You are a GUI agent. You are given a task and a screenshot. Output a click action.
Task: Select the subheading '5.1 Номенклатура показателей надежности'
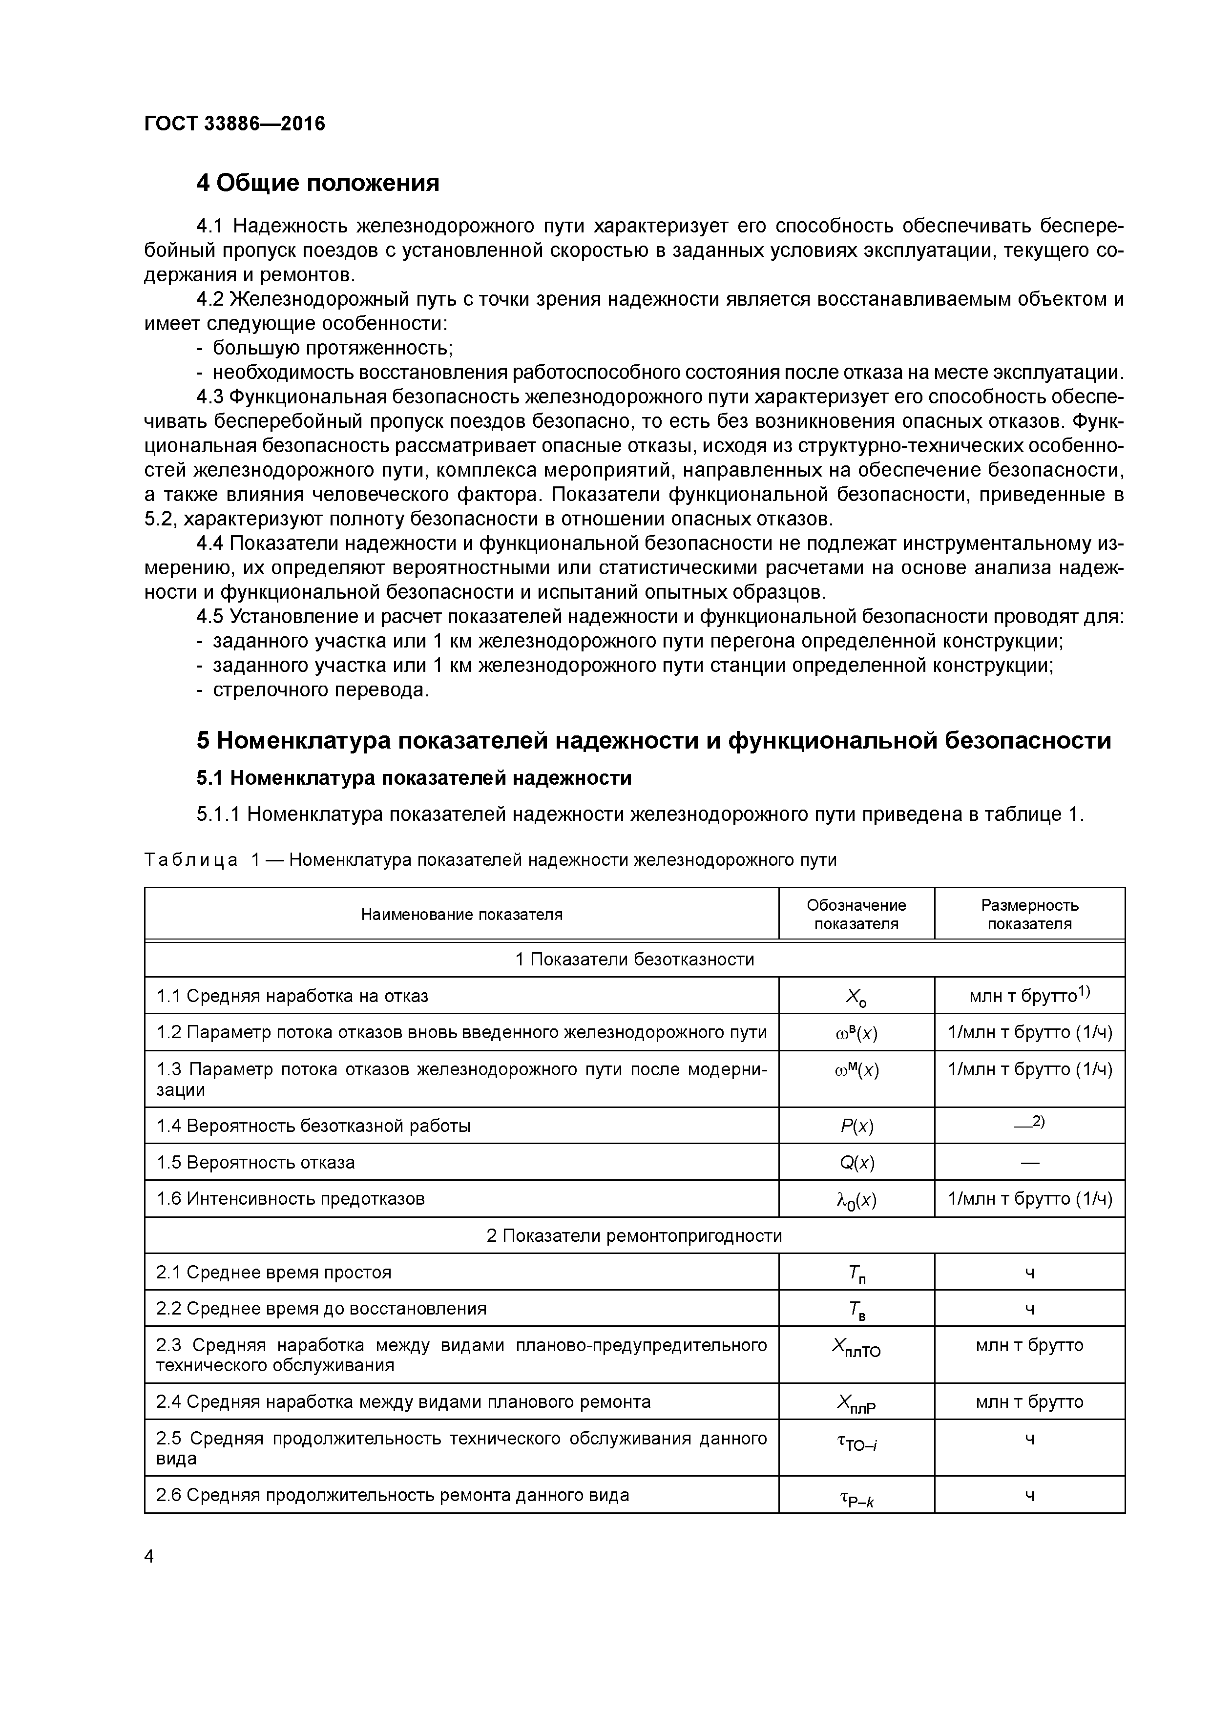414,778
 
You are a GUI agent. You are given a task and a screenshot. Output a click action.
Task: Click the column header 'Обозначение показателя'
856,915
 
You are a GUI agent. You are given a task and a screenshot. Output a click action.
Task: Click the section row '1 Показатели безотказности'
634,960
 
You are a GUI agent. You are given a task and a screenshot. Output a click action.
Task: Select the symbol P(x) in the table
856,1127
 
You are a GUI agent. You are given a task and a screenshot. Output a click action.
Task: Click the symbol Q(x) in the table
856,1163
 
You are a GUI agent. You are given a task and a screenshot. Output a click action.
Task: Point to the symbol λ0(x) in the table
856,1200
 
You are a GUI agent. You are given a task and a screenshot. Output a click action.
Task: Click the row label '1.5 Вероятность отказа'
255,1162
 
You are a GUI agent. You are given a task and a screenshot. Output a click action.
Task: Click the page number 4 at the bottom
149,1556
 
